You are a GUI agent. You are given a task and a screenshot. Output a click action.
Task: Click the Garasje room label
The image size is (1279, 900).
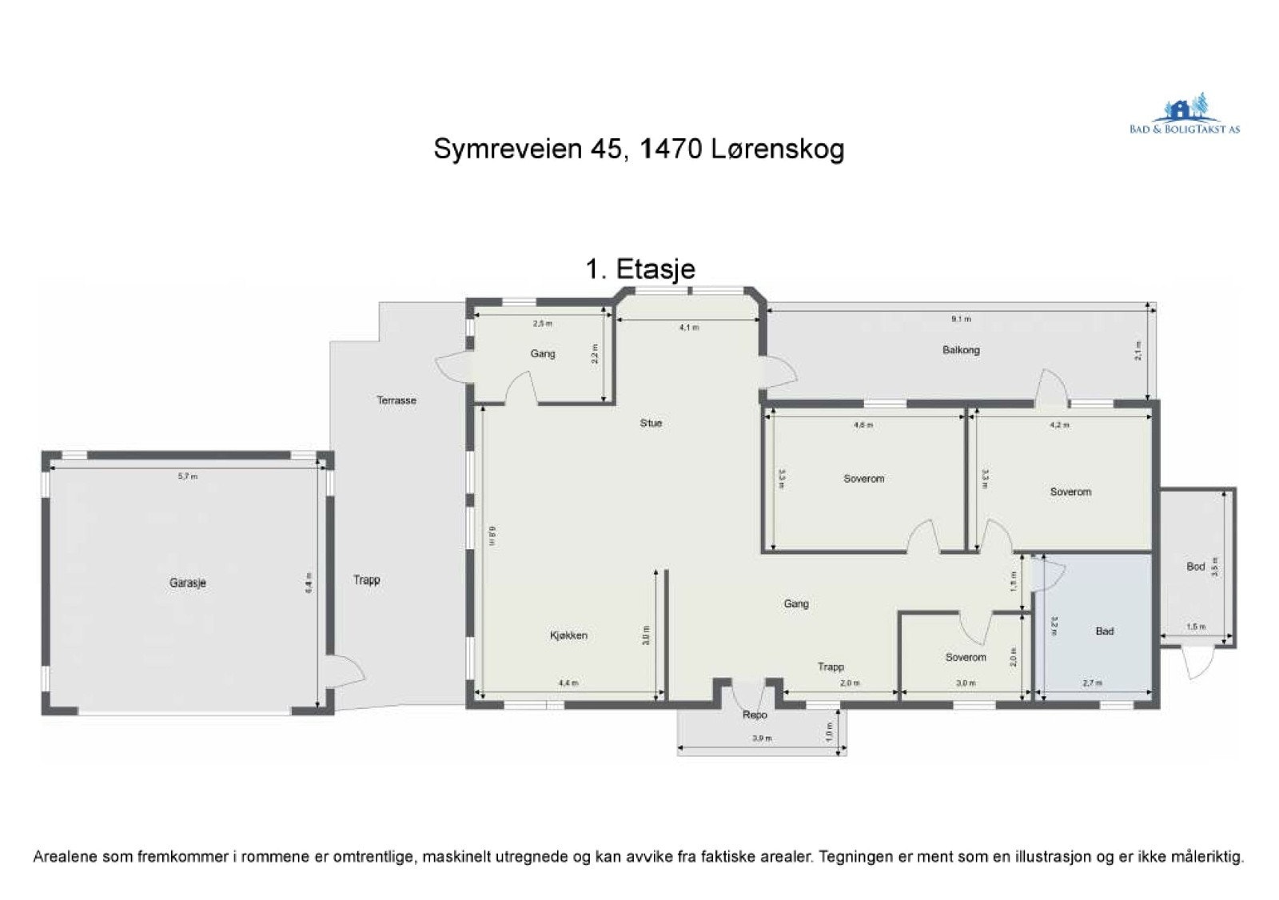coord(187,583)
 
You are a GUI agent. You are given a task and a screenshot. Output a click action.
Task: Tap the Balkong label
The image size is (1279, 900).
coord(960,350)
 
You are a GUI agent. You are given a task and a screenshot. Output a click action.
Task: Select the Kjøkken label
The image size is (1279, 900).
coord(568,635)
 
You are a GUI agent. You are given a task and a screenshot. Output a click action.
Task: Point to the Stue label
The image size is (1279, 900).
coord(651,423)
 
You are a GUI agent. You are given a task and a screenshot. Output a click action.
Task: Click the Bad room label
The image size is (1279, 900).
coord(1104,631)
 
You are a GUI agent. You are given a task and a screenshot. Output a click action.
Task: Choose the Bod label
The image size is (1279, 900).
coord(1195,567)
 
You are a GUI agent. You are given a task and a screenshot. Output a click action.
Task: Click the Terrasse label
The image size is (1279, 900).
coord(396,400)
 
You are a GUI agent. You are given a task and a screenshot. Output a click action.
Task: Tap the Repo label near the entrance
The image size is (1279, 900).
coord(754,715)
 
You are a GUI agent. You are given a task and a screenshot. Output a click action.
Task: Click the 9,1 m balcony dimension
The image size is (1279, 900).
coord(960,319)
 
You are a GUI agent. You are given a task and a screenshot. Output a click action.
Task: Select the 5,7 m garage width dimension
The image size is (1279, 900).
coord(186,476)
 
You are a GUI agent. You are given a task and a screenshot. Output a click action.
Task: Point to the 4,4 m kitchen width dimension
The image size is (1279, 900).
coord(568,683)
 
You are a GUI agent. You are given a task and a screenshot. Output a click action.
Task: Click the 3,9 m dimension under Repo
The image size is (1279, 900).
coord(761,739)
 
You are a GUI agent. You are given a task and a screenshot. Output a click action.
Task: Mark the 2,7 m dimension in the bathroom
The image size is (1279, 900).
coord(1091,683)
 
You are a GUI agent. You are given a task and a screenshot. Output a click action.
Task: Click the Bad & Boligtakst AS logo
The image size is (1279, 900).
coord(1184,116)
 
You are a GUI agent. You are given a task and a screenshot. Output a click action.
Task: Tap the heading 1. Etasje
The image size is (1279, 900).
coord(639,269)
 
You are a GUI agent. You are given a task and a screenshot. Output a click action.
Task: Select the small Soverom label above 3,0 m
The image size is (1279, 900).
coord(965,658)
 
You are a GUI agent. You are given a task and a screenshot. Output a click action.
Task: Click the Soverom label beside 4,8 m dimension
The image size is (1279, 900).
coord(863,479)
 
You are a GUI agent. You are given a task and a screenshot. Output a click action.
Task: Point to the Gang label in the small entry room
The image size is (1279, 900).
coord(542,354)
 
